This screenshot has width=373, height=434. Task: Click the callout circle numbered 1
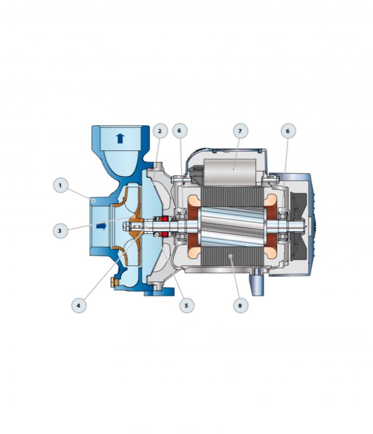pyautogui.click(x=61, y=186)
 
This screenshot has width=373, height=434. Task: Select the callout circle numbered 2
pyautogui.click(x=160, y=131)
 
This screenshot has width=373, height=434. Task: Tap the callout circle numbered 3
pyautogui.click(x=60, y=230)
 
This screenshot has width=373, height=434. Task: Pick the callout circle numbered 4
pyautogui.click(x=79, y=305)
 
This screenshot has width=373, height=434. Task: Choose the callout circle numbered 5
pyautogui.click(x=186, y=305)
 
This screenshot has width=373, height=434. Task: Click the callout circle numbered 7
pyautogui.click(x=240, y=131)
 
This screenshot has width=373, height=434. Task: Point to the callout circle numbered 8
pyautogui.click(x=240, y=305)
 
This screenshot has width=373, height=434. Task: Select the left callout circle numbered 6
pyautogui.click(x=179, y=131)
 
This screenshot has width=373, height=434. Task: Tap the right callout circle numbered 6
pyautogui.click(x=288, y=131)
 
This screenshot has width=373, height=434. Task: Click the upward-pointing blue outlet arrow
pyautogui.click(x=120, y=138)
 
